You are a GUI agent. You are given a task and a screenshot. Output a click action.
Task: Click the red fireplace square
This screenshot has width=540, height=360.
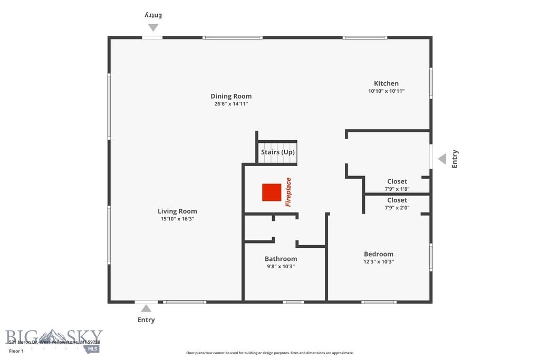[272, 192]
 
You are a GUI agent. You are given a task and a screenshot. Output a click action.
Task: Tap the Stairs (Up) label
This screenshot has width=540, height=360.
[278, 152]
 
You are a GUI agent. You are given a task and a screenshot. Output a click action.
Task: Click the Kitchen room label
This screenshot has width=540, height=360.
[386, 83]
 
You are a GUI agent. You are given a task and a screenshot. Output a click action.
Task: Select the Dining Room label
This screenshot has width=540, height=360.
[231, 96]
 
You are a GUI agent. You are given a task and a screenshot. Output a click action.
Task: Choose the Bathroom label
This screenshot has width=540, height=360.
[281, 259]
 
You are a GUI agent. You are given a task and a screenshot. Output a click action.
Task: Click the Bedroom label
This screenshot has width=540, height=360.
[378, 254]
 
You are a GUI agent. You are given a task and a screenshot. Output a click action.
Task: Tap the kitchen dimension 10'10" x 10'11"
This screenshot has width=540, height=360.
[386, 91]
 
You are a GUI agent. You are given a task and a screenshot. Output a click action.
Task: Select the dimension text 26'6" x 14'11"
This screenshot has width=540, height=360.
[231, 104]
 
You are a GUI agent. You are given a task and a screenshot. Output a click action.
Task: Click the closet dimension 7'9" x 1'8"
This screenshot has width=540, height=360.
[397, 189]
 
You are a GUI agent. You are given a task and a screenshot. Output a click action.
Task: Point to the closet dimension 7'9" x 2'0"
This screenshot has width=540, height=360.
[397, 207]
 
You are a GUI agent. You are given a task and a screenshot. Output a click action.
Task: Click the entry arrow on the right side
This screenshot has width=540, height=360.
[442, 158]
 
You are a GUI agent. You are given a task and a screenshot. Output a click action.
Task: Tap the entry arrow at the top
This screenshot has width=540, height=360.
[153, 27]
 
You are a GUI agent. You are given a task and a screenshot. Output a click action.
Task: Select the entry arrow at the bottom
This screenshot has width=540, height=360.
[146, 308]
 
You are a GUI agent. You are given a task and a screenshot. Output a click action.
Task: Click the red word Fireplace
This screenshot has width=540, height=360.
[288, 192]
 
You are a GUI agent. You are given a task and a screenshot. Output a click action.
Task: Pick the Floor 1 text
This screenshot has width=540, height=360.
[16, 351]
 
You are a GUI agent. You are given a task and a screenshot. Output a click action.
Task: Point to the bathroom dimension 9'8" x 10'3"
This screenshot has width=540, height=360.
[281, 266]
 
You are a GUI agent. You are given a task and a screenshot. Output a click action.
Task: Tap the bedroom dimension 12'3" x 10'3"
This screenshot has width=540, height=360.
[378, 261]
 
